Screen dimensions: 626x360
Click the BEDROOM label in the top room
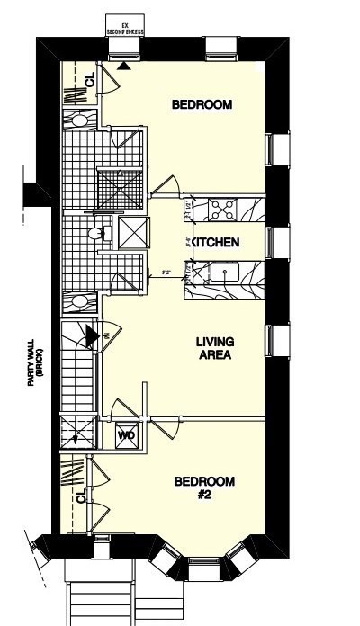pyautogui.click(x=202, y=105)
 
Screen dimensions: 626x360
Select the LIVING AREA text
pyautogui.click(x=215, y=348)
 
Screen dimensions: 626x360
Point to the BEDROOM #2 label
pyautogui.click(x=203, y=487)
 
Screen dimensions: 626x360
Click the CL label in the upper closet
pyautogui.click(x=89, y=82)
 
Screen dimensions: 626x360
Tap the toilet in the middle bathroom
pyautogui.click(x=95, y=234)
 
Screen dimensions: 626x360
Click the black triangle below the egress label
pyautogui.click(x=122, y=64)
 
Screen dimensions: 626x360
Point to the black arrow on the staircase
pyautogui.click(x=92, y=335)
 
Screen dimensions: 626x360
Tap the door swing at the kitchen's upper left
pyautogui.click(x=166, y=184)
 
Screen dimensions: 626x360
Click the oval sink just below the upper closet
pyautogui.click(x=79, y=119)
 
